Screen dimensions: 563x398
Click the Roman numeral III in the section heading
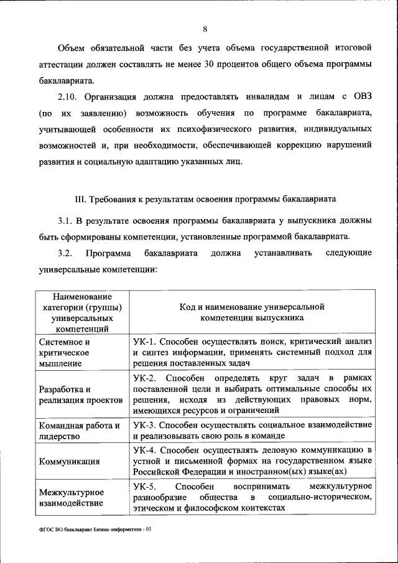tap(80, 200)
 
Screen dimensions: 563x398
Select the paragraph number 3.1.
tap(65, 221)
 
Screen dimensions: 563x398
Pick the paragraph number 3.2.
tap(65, 253)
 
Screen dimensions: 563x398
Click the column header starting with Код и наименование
tap(252, 312)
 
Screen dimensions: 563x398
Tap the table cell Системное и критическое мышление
tap(67, 352)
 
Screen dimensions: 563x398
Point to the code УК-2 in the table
tap(145, 378)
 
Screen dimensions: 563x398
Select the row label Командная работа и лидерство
tap(78, 430)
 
